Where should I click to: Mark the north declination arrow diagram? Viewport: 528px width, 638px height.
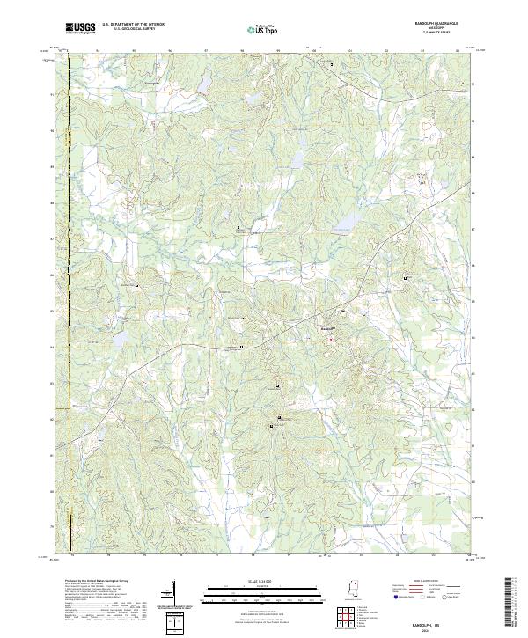[174, 594]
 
